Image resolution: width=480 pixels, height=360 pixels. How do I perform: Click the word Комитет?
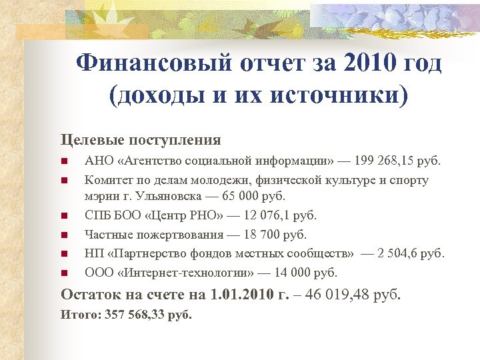click(106, 179)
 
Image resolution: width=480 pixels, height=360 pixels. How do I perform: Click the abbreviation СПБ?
click(96, 216)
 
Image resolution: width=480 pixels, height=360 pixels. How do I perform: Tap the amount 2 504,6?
click(398, 253)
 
